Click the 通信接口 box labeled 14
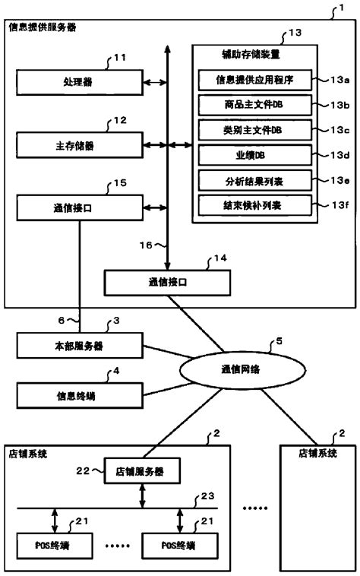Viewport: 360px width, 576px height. click(167, 283)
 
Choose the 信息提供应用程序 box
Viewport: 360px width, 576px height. click(251, 79)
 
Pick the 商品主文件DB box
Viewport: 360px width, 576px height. click(251, 104)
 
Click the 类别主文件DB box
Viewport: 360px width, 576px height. click(251, 129)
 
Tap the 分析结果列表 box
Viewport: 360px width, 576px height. click(251, 180)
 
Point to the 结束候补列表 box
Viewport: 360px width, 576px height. click(251, 205)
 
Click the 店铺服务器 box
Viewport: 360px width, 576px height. click(143, 471)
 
